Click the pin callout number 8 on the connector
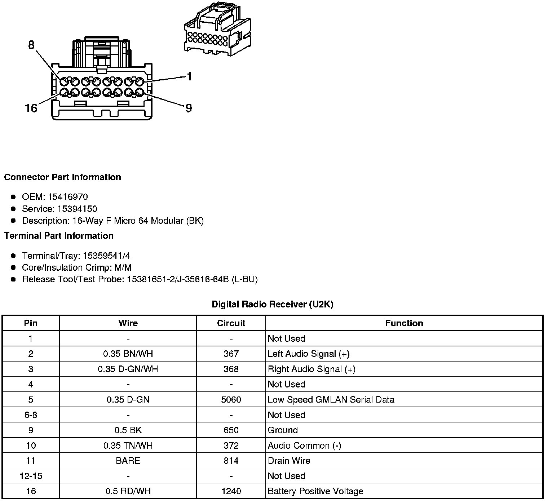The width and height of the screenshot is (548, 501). point(31,45)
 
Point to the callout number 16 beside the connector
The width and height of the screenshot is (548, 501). point(31,108)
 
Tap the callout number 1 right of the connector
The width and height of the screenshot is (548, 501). point(189,76)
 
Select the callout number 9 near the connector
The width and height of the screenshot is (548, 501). point(189,108)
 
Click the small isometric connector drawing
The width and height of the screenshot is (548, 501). point(217,30)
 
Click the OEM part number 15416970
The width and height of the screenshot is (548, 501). point(68,197)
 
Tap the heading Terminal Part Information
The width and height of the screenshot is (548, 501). point(59,236)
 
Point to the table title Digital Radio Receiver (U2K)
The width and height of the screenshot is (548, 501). point(273,304)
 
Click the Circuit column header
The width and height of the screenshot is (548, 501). point(231,323)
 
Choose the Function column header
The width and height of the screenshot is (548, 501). point(404,323)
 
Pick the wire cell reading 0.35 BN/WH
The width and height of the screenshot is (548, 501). point(128,354)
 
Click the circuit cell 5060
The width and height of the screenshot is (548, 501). point(231,400)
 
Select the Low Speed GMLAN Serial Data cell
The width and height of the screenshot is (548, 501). point(331,400)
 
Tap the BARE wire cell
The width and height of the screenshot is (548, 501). point(128,461)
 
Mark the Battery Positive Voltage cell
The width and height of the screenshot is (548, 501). point(315,491)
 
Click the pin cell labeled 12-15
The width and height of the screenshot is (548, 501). point(31,476)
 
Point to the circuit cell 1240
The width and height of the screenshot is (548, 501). point(231,491)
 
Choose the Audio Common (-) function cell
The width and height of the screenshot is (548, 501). point(304,445)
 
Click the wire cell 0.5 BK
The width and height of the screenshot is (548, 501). point(128,430)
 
